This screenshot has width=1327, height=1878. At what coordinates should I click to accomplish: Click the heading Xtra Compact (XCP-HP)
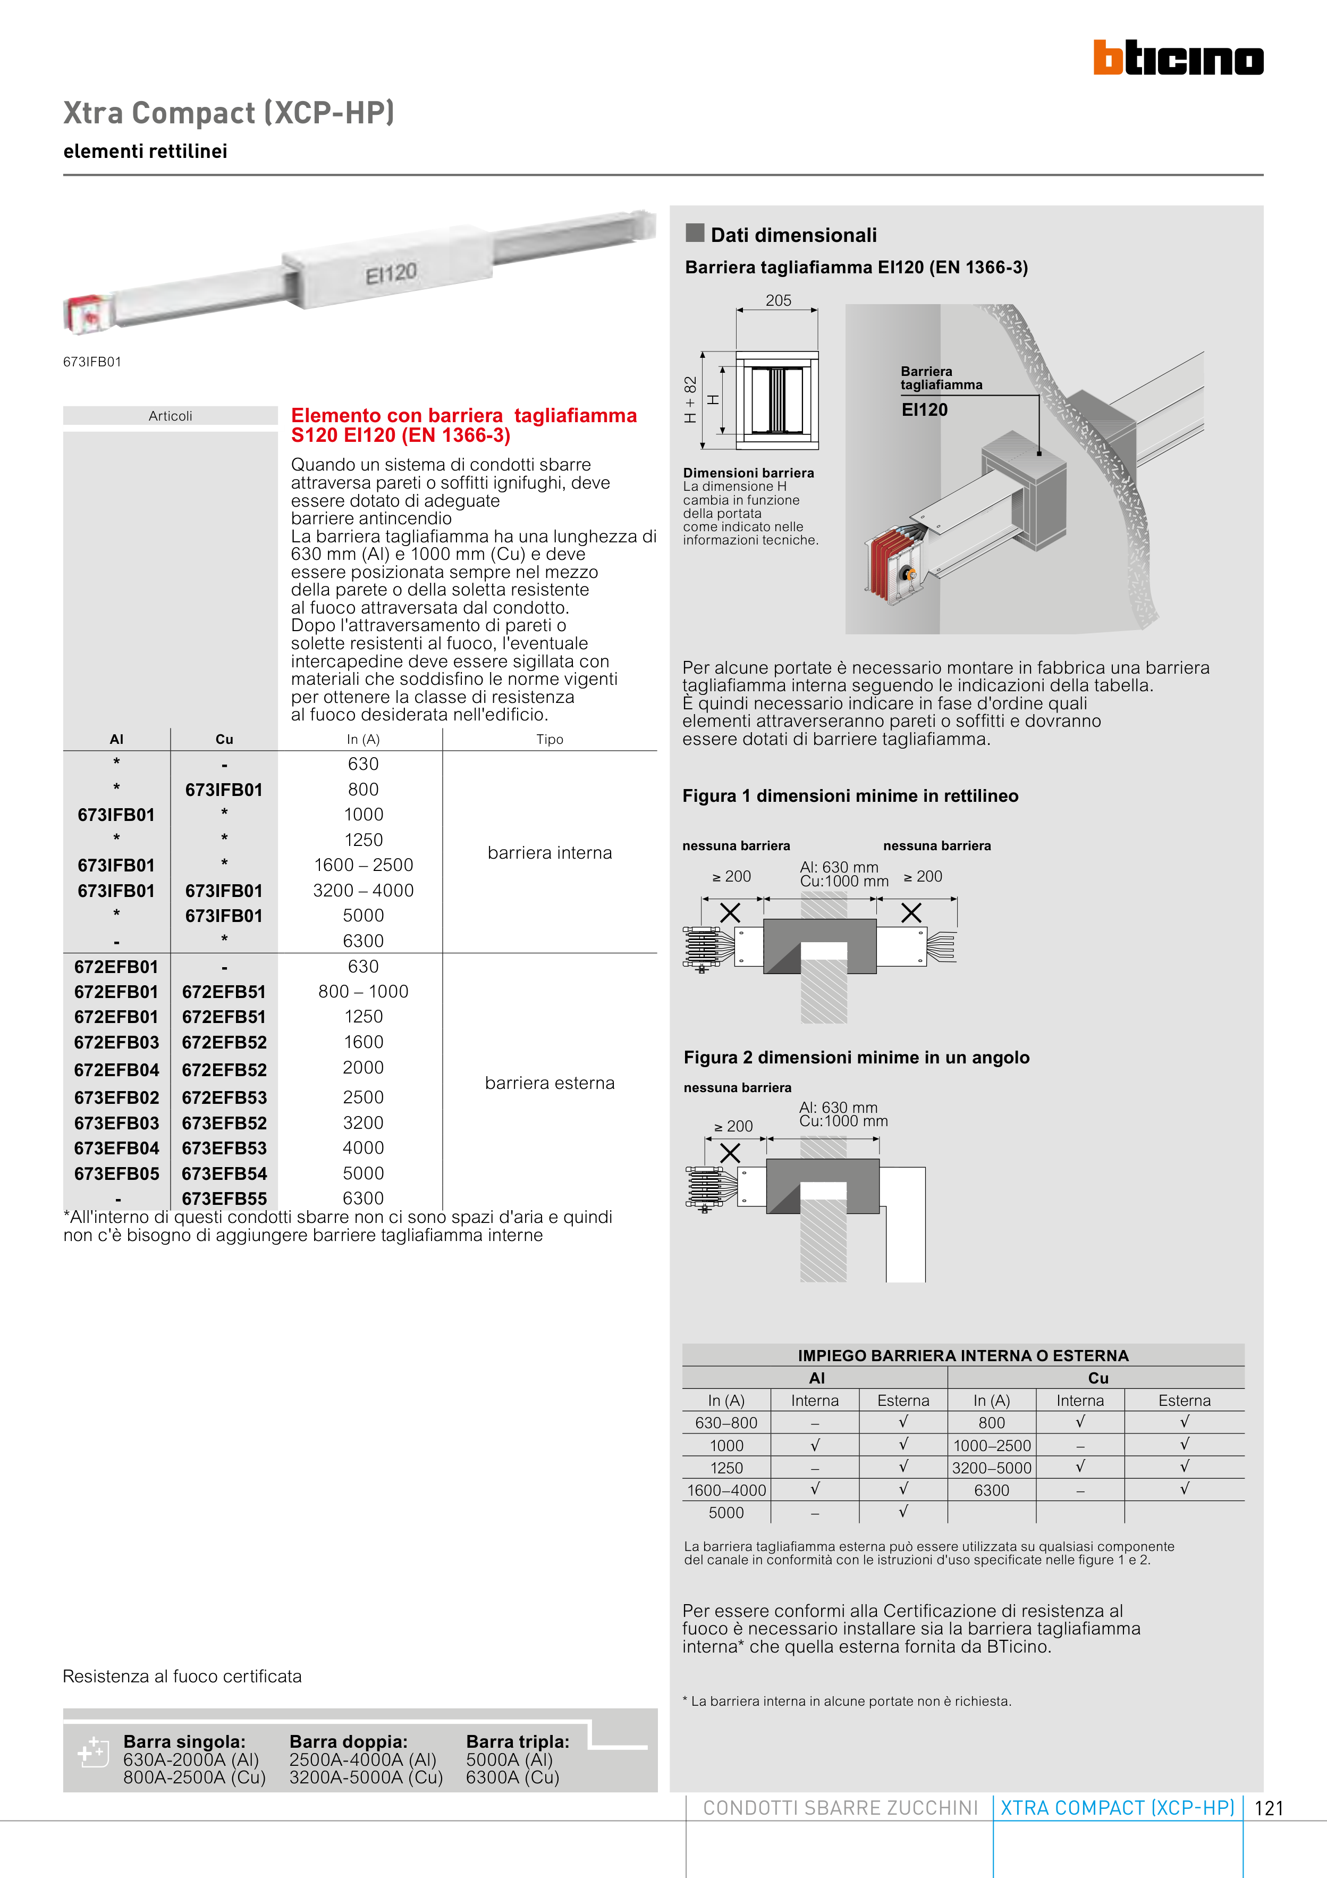coord(229,113)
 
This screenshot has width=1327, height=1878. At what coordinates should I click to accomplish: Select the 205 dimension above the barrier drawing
coord(779,300)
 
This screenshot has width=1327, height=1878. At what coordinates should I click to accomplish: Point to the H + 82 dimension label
coord(691,400)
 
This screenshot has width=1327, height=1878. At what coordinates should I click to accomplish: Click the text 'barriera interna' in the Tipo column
coord(550,853)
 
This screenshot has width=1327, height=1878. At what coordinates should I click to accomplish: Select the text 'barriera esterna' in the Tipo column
coord(550,1083)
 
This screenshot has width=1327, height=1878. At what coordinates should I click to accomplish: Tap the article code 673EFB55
coord(224,1199)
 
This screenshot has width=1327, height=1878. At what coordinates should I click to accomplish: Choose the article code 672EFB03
coord(116,1043)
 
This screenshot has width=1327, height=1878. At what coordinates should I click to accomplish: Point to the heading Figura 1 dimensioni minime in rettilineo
coord(850,796)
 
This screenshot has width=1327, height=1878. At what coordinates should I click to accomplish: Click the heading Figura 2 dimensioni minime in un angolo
coord(856,1058)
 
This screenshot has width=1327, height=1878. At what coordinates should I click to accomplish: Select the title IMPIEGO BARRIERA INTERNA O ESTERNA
coord(963,1355)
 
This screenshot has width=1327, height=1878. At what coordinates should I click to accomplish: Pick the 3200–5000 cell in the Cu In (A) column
coord(992,1468)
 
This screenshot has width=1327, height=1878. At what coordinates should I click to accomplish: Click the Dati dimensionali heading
coord(793,236)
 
